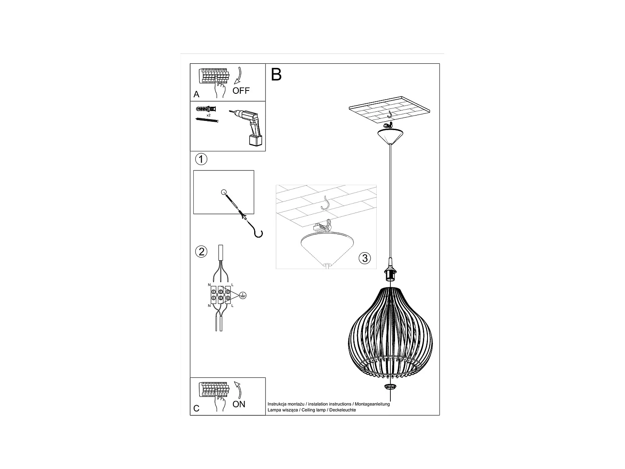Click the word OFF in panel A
coord(241,91)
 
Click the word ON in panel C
coord(239,404)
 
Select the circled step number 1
coord(201,159)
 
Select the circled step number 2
coord(201,251)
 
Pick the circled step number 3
coord(365,258)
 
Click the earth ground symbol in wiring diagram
coord(243,295)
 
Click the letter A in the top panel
coord(197,95)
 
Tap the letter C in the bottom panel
coord(197,408)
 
